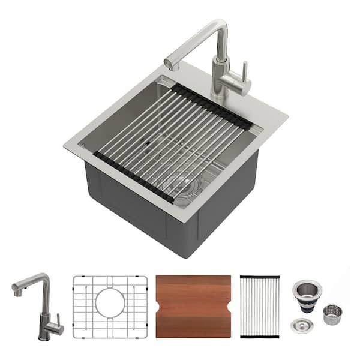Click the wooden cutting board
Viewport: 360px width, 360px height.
coord(193,306)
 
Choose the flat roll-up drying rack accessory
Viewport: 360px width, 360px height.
coord(260,307)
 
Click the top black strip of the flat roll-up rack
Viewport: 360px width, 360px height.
coord(260,278)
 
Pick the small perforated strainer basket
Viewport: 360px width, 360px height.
coord(332,314)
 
